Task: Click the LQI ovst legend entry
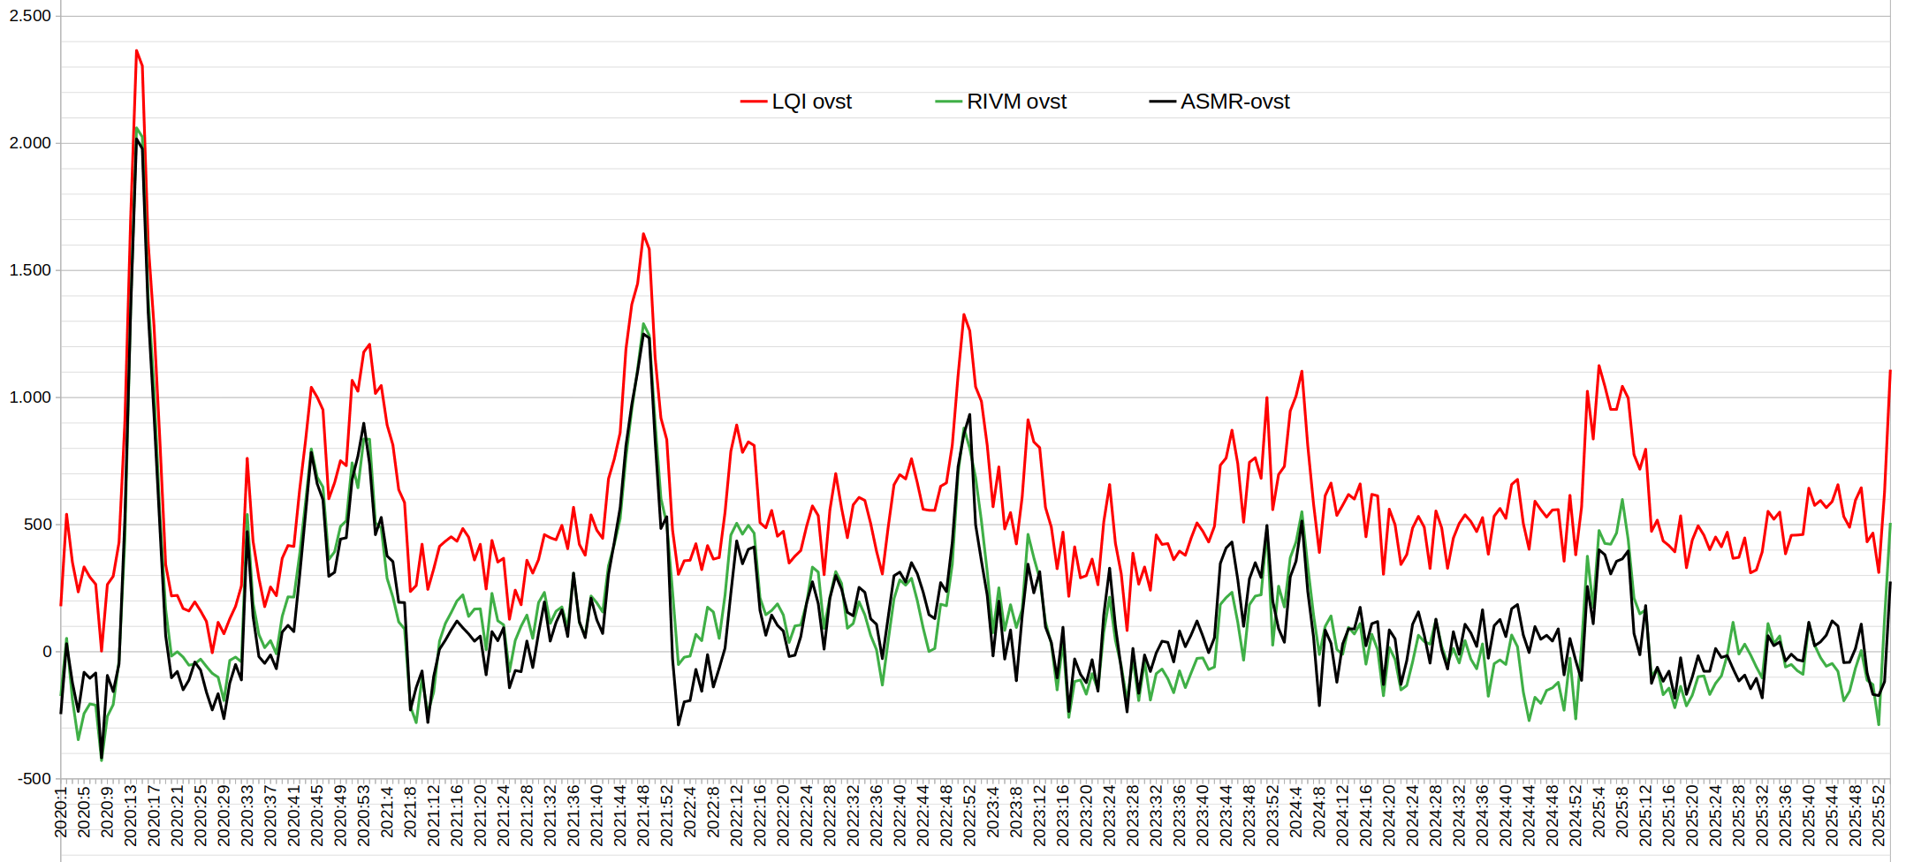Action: pyautogui.click(x=810, y=102)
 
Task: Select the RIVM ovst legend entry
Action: pyautogui.click(x=1016, y=102)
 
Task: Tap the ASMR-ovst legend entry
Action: pyautogui.click(x=1234, y=102)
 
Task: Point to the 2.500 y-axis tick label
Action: pyautogui.click(x=30, y=16)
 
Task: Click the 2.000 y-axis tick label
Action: pyautogui.click(x=30, y=143)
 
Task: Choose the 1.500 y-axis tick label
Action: pyautogui.click(x=30, y=270)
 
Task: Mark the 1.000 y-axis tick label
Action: pyautogui.click(x=30, y=397)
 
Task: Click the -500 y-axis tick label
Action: pyautogui.click(x=34, y=779)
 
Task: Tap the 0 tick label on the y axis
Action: pyautogui.click(x=47, y=652)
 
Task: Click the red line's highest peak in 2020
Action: pyautogui.click(x=136, y=50)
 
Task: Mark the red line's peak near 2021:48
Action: pyautogui.click(x=643, y=234)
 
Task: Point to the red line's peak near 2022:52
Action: pyautogui.click(x=964, y=314)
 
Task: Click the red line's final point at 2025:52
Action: pyautogui.click(x=1890, y=371)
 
